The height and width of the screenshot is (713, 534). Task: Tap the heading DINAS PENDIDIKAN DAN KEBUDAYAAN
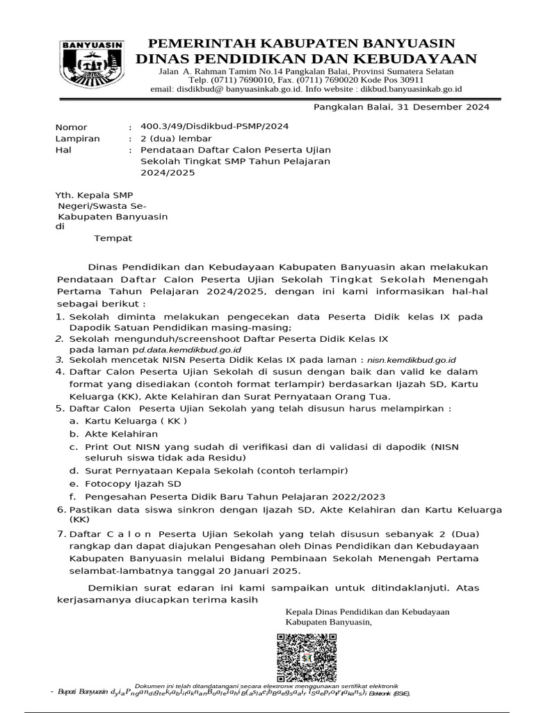pos(306,58)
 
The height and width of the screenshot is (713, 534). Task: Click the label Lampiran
pos(77,139)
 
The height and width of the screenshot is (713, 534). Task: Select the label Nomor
pos(72,127)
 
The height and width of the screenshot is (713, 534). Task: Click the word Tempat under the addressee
pos(113,238)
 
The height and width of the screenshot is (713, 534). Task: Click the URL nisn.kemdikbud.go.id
pos(411,360)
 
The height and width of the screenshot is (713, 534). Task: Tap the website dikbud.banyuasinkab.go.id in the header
pos(391,89)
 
